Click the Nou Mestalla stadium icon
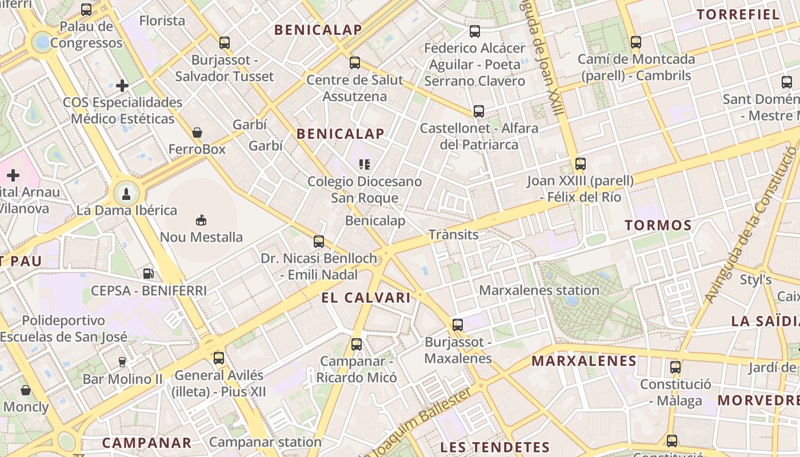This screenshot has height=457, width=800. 201,220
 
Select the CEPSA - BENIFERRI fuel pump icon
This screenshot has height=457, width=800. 149,274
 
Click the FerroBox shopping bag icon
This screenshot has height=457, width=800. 197,133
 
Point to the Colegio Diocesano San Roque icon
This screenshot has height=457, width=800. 365,165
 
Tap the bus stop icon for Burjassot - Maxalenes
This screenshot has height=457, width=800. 458,325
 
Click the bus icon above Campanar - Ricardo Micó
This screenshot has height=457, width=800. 357,344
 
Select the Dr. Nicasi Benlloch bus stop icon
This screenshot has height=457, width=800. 319,242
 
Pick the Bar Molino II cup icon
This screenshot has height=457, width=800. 122,362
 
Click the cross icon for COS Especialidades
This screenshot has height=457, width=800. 122,86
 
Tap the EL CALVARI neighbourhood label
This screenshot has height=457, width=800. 366,298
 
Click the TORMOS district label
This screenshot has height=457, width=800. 658,225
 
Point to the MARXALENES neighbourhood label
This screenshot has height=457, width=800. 584,361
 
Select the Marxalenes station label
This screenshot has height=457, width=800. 539,290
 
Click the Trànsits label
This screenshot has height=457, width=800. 454,234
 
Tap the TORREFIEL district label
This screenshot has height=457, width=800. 738,15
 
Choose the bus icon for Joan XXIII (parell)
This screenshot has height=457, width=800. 581,164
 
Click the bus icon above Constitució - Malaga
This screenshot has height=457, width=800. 675,367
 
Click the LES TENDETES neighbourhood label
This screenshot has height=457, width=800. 495,447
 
